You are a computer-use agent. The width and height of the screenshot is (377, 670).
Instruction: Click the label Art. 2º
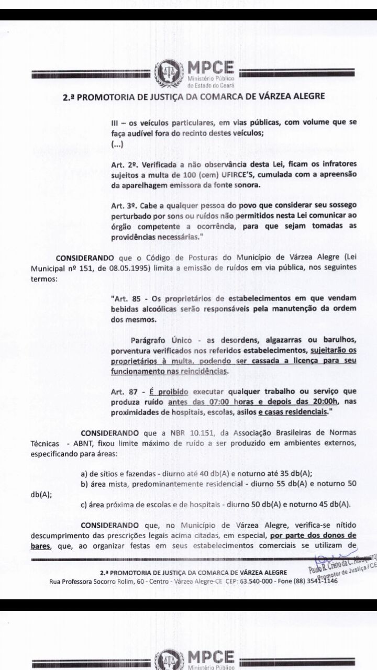click(120, 164)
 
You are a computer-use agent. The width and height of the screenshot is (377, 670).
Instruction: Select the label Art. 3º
click(120, 206)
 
